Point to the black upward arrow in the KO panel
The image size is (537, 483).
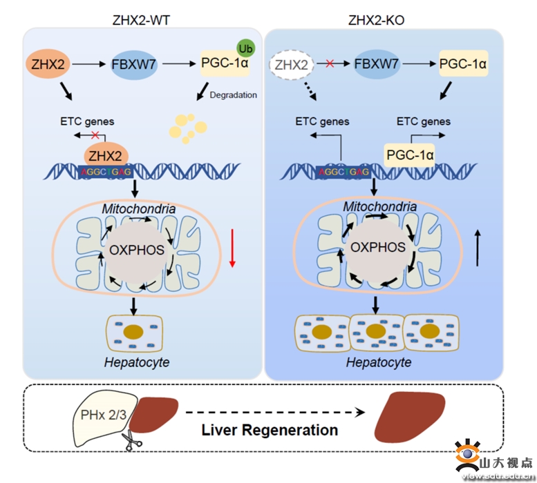tap(478, 248)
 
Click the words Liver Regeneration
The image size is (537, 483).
tap(270, 430)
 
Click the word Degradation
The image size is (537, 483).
tap(233, 95)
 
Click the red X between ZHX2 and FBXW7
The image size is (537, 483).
tap(330, 65)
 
